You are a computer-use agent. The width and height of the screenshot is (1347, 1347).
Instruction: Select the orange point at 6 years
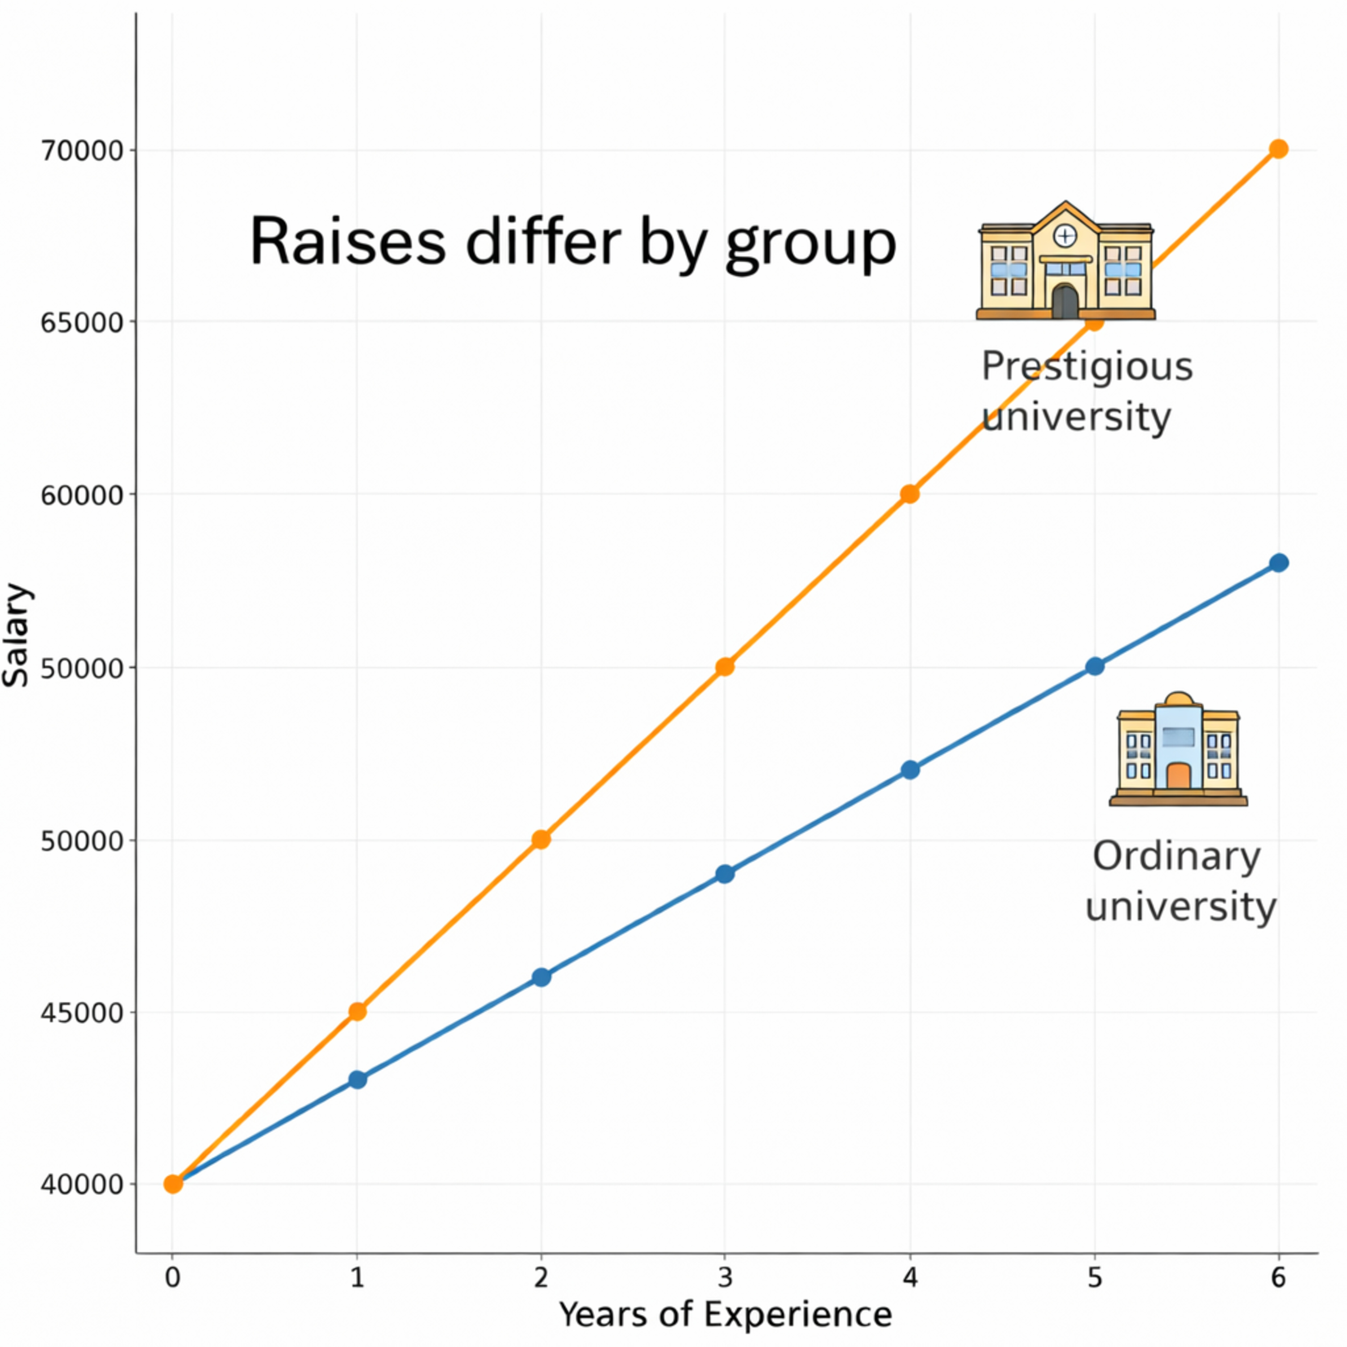[x=1278, y=149]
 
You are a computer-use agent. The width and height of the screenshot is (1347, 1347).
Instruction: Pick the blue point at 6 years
[x=1278, y=563]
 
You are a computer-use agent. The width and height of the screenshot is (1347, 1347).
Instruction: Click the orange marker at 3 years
[x=725, y=666]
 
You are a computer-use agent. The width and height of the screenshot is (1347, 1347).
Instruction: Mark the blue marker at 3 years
[x=725, y=874]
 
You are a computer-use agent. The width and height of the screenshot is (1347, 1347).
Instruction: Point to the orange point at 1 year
[x=357, y=1011]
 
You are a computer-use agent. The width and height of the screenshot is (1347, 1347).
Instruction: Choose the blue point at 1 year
[x=357, y=1079]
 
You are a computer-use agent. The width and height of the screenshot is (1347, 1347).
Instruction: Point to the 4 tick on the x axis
[x=910, y=1277]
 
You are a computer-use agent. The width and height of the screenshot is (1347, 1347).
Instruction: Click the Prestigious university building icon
[x=1065, y=261]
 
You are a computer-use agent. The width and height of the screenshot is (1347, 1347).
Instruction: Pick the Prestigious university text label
[x=1086, y=391]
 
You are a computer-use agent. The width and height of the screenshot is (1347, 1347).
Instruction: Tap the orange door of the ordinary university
[x=1178, y=775]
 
